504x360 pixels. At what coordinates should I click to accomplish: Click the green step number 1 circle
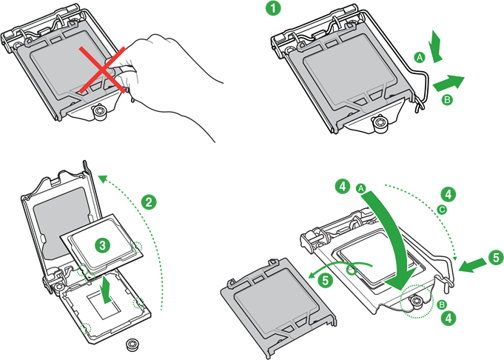coord(273,8)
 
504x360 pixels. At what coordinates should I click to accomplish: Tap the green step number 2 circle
coord(149,202)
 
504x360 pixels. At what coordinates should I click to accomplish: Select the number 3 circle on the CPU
coord(103,245)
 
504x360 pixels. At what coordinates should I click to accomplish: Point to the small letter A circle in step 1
coord(420,58)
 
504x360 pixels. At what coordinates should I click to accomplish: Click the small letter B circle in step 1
coord(447,99)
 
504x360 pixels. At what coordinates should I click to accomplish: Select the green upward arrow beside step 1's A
coord(436,46)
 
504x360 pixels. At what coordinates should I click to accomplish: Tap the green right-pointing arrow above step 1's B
coord(448,83)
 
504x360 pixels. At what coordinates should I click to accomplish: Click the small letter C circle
coord(442,210)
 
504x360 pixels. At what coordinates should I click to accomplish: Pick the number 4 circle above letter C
coord(448,194)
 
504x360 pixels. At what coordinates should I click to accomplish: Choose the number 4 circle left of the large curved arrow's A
coord(343,186)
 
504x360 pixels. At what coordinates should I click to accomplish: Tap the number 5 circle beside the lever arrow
coord(497,258)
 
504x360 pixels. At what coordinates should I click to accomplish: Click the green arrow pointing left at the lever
coord(472,264)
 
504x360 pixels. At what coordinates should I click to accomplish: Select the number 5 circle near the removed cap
coord(326,280)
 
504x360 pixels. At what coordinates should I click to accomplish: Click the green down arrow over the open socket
coord(107,290)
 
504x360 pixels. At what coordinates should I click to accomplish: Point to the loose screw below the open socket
coord(132,344)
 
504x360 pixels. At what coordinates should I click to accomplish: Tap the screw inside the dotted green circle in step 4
coord(417,302)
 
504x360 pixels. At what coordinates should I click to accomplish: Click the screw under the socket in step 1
coord(380,123)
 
